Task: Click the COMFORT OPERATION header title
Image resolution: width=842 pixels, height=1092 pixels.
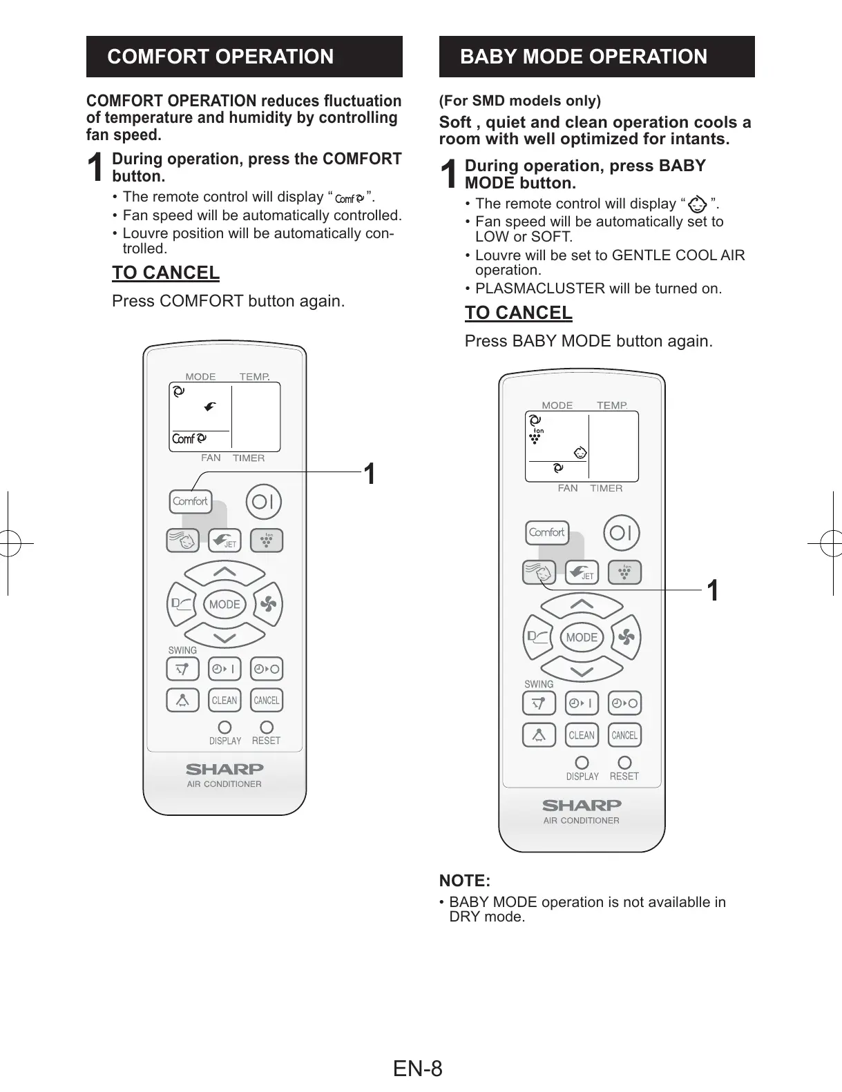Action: [x=220, y=57]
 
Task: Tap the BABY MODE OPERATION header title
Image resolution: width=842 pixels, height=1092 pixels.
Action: [x=584, y=57]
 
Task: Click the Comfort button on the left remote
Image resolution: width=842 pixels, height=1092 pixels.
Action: [x=190, y=502]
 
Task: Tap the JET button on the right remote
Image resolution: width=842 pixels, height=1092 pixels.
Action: [x=582, y=572]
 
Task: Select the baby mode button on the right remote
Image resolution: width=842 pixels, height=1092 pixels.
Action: [x=539, y=572]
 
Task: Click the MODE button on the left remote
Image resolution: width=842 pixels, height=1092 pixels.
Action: [x=224, y=605]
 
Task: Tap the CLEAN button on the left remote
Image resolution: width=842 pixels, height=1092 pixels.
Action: [x=224, y=700]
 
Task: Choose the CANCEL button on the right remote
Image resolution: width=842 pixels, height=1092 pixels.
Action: [x=624, y=735]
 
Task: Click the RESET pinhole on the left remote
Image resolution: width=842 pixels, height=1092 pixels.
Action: [x=267, y=727]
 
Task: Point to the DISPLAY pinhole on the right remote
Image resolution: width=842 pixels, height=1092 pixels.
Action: [x=582, y=762]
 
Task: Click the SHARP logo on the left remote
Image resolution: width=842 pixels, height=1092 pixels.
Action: [x=224, y=769]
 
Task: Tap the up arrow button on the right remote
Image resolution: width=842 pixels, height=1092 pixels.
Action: [x=582, y=605]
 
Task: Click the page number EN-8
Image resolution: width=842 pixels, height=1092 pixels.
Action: [x=418, y=1069]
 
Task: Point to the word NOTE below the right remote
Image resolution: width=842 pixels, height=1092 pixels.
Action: [x=464, y=881]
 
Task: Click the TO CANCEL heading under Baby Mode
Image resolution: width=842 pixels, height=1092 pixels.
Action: [x=518, y=313]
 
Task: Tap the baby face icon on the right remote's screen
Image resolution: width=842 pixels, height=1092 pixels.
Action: [x=581, y=453]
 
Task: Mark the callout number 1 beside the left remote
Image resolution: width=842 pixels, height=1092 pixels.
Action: [x=370, y=474]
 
